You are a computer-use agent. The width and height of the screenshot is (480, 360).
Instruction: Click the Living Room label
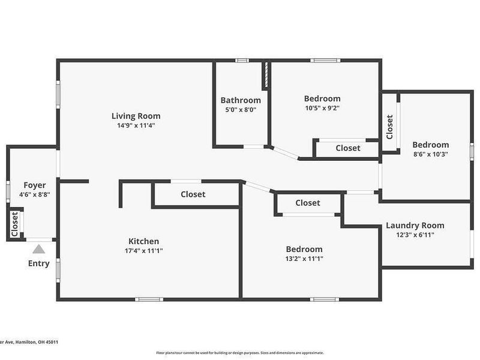click(x=136, y=116)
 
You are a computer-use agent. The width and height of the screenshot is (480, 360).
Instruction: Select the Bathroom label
click(x=241, y=100)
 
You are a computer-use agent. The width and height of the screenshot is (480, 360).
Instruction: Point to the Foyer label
click(x=35, y=185)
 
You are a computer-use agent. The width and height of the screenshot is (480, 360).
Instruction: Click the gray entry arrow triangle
click(x=38, y=249)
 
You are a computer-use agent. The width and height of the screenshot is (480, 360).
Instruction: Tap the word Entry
click(x=38, y=263)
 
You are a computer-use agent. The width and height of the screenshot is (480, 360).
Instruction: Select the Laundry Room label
click(x=415, y=225)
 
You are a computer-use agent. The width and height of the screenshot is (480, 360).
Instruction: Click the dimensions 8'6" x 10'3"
click(x=430, y=154)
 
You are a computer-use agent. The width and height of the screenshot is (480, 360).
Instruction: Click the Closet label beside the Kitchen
click(x=193, y=194)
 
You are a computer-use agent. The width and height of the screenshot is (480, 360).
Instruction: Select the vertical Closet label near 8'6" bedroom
click(x=389, y=127)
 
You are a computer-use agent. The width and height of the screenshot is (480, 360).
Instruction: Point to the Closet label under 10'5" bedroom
click(x=348, y=148)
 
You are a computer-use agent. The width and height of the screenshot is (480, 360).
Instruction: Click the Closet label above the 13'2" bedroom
click(x=308, y=203)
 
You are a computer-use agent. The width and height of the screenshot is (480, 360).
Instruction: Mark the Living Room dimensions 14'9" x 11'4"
click(x=136, y=125)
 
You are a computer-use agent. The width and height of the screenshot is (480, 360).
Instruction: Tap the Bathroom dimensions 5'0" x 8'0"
click(x=241, y=110)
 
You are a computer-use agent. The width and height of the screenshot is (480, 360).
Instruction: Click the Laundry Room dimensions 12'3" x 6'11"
click(x=415, y=235)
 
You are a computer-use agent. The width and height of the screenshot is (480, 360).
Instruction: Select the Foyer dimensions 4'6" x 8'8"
click(x=35, y=194)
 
